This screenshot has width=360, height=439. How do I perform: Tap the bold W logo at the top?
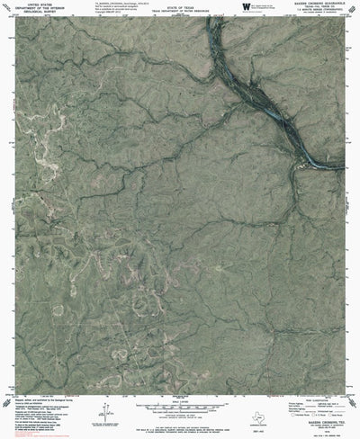[x=247, y=6]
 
